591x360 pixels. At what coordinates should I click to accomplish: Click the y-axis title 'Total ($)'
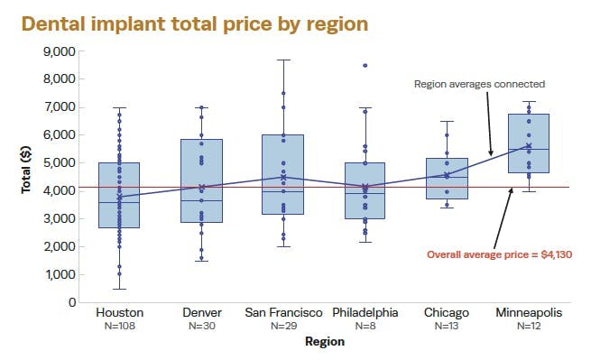27,177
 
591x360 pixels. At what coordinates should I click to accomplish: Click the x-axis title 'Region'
324,341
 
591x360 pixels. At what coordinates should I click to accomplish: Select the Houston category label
119,312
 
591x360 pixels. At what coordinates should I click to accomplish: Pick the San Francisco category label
283,312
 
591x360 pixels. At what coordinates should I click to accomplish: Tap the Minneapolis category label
529,312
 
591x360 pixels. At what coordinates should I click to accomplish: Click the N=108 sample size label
119,325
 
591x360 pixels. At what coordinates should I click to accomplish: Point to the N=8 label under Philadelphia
365,325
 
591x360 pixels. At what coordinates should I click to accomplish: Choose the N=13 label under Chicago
447,325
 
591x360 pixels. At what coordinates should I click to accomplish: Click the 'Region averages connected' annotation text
479,84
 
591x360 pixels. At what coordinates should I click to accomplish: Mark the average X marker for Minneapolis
529,146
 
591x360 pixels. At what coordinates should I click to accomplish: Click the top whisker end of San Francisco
283,60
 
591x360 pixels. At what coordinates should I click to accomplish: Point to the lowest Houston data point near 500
119,289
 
